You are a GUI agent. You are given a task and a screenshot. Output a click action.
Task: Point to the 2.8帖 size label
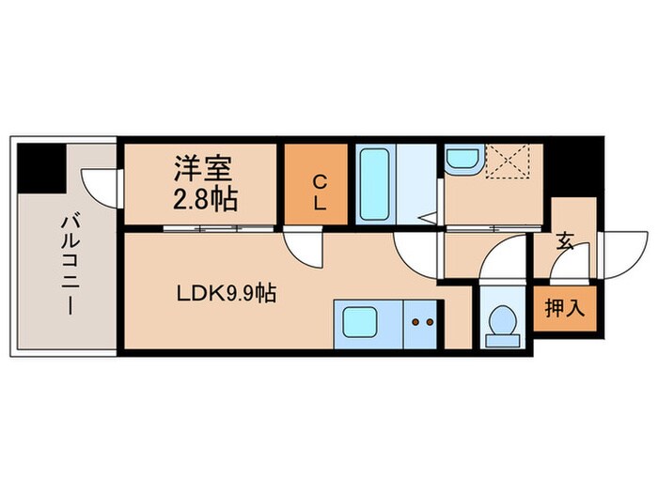(x=203, y=199)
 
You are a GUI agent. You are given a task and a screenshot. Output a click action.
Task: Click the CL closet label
(x=319, y=193)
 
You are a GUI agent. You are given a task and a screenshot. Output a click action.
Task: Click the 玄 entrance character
(x=565, y=242)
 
